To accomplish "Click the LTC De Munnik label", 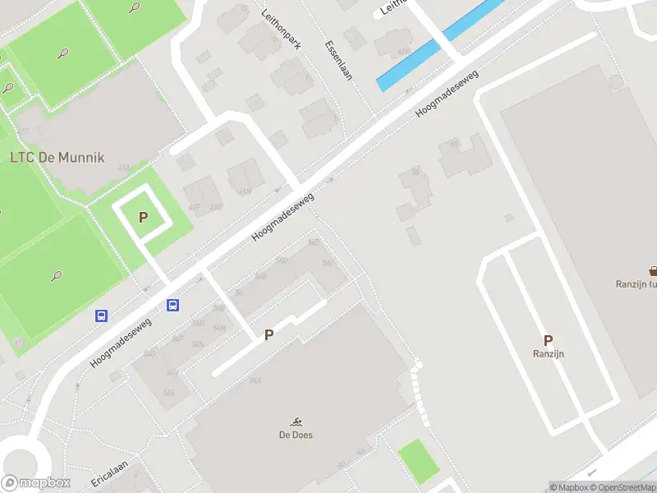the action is point(57,157).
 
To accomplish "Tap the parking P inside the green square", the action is point(144,217).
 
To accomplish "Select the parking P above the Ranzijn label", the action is point(548,339).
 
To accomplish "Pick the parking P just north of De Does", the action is point(268,334).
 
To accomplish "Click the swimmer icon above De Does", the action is point(295,421).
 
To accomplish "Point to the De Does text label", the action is point(295,435).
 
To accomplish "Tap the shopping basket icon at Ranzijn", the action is point(654,270).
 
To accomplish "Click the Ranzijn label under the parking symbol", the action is point(548,354).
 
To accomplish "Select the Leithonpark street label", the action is point(282,30).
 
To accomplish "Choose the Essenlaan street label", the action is point(338,59).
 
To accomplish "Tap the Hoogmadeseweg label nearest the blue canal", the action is point(447,91).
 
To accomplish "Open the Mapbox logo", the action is point(36,483).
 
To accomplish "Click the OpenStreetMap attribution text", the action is point(623,487).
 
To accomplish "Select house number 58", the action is point(416,173).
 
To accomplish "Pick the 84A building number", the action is point(255,380).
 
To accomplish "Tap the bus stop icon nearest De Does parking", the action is point(173,305).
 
